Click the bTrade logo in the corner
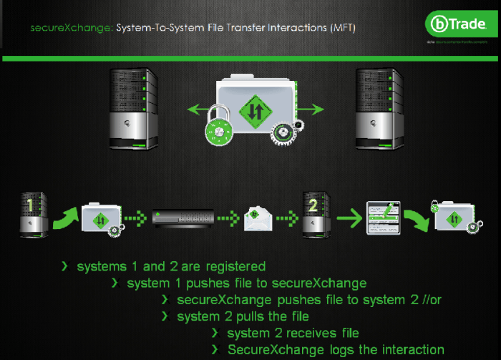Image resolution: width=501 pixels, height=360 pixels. coord(458,26)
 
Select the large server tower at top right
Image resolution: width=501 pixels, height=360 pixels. coord(374,107)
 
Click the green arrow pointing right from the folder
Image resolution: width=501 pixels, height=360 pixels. coord(312,110)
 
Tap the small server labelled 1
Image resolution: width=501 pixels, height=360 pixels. coord(31,213)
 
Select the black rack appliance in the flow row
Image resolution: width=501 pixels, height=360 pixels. coord(183,215)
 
